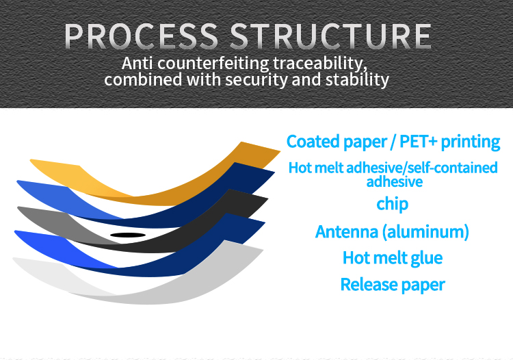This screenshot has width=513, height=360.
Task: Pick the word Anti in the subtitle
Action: pos(137,63)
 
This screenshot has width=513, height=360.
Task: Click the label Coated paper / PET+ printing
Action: pos(393,142)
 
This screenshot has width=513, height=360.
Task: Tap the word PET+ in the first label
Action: pos(412,142)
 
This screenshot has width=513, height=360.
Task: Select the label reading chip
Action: pos(392,203)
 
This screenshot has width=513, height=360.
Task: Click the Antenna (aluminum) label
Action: pos(392,231)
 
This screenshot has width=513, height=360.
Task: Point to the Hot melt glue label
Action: pos(392,257)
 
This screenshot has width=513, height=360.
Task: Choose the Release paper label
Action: pos(392,284)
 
